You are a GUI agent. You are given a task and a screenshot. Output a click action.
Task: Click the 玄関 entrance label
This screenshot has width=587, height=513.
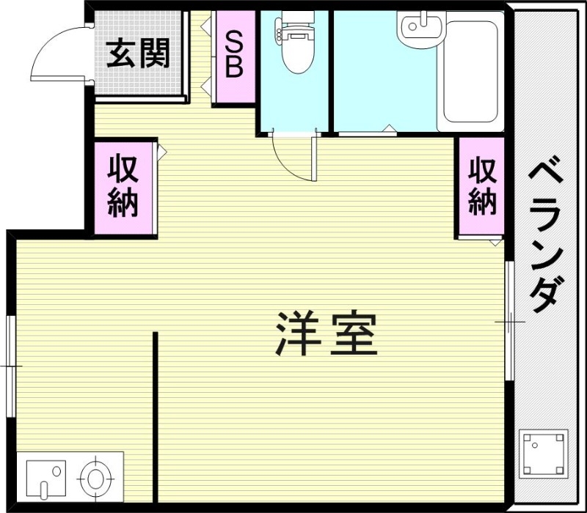click(x=138, y=52)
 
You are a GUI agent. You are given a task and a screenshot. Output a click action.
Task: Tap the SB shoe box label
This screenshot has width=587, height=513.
click(x=234, y=54)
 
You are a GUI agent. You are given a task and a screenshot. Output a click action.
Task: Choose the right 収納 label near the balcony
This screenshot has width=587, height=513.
click(x=482, y=186)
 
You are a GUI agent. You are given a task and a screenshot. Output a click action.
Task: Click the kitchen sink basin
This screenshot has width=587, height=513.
click(x=45, y=477)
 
